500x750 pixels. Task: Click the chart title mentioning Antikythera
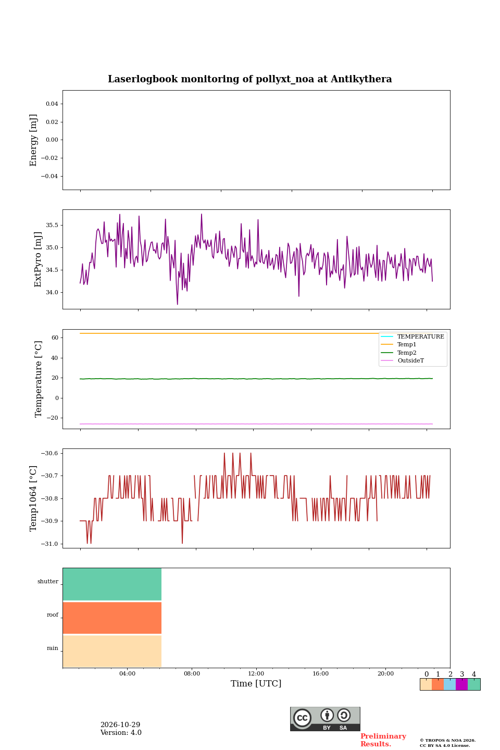[249, 79]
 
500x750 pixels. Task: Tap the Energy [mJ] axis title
[33, 140]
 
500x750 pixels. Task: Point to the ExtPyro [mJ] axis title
[38, 259]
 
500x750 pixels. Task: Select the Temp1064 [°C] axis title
[33, 498]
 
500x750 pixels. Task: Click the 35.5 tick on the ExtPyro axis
[52, 225]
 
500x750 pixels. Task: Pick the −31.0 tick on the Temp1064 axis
[49, 544]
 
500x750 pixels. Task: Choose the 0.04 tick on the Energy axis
[52, 104]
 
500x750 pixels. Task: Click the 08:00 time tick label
[192, 673]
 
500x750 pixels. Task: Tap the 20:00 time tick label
[386, 673]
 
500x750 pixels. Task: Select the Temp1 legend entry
[398, 345]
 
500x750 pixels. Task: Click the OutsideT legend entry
[402, 360]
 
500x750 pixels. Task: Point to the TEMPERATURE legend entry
[413, 336]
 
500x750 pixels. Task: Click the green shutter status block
[112, 584]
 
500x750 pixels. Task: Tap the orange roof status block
[112, 618]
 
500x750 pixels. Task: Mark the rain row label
[52, 648]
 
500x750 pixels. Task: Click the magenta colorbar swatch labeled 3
[461, 684]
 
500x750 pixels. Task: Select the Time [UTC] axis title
[256, 683]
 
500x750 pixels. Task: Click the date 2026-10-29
[120, 724]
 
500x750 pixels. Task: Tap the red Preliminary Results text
[383, 740]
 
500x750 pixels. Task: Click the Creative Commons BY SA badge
[325, 719]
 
